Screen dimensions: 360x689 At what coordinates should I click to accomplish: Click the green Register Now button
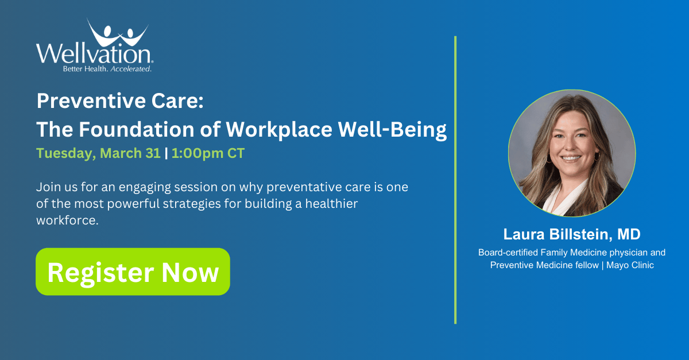(133, 272)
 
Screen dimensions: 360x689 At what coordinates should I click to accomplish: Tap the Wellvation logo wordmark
(94, 55)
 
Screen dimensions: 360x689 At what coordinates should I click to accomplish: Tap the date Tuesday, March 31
(98, 154)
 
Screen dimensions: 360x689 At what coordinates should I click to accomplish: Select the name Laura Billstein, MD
(571, 234)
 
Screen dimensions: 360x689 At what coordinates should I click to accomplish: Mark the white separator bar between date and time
(165, 154)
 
